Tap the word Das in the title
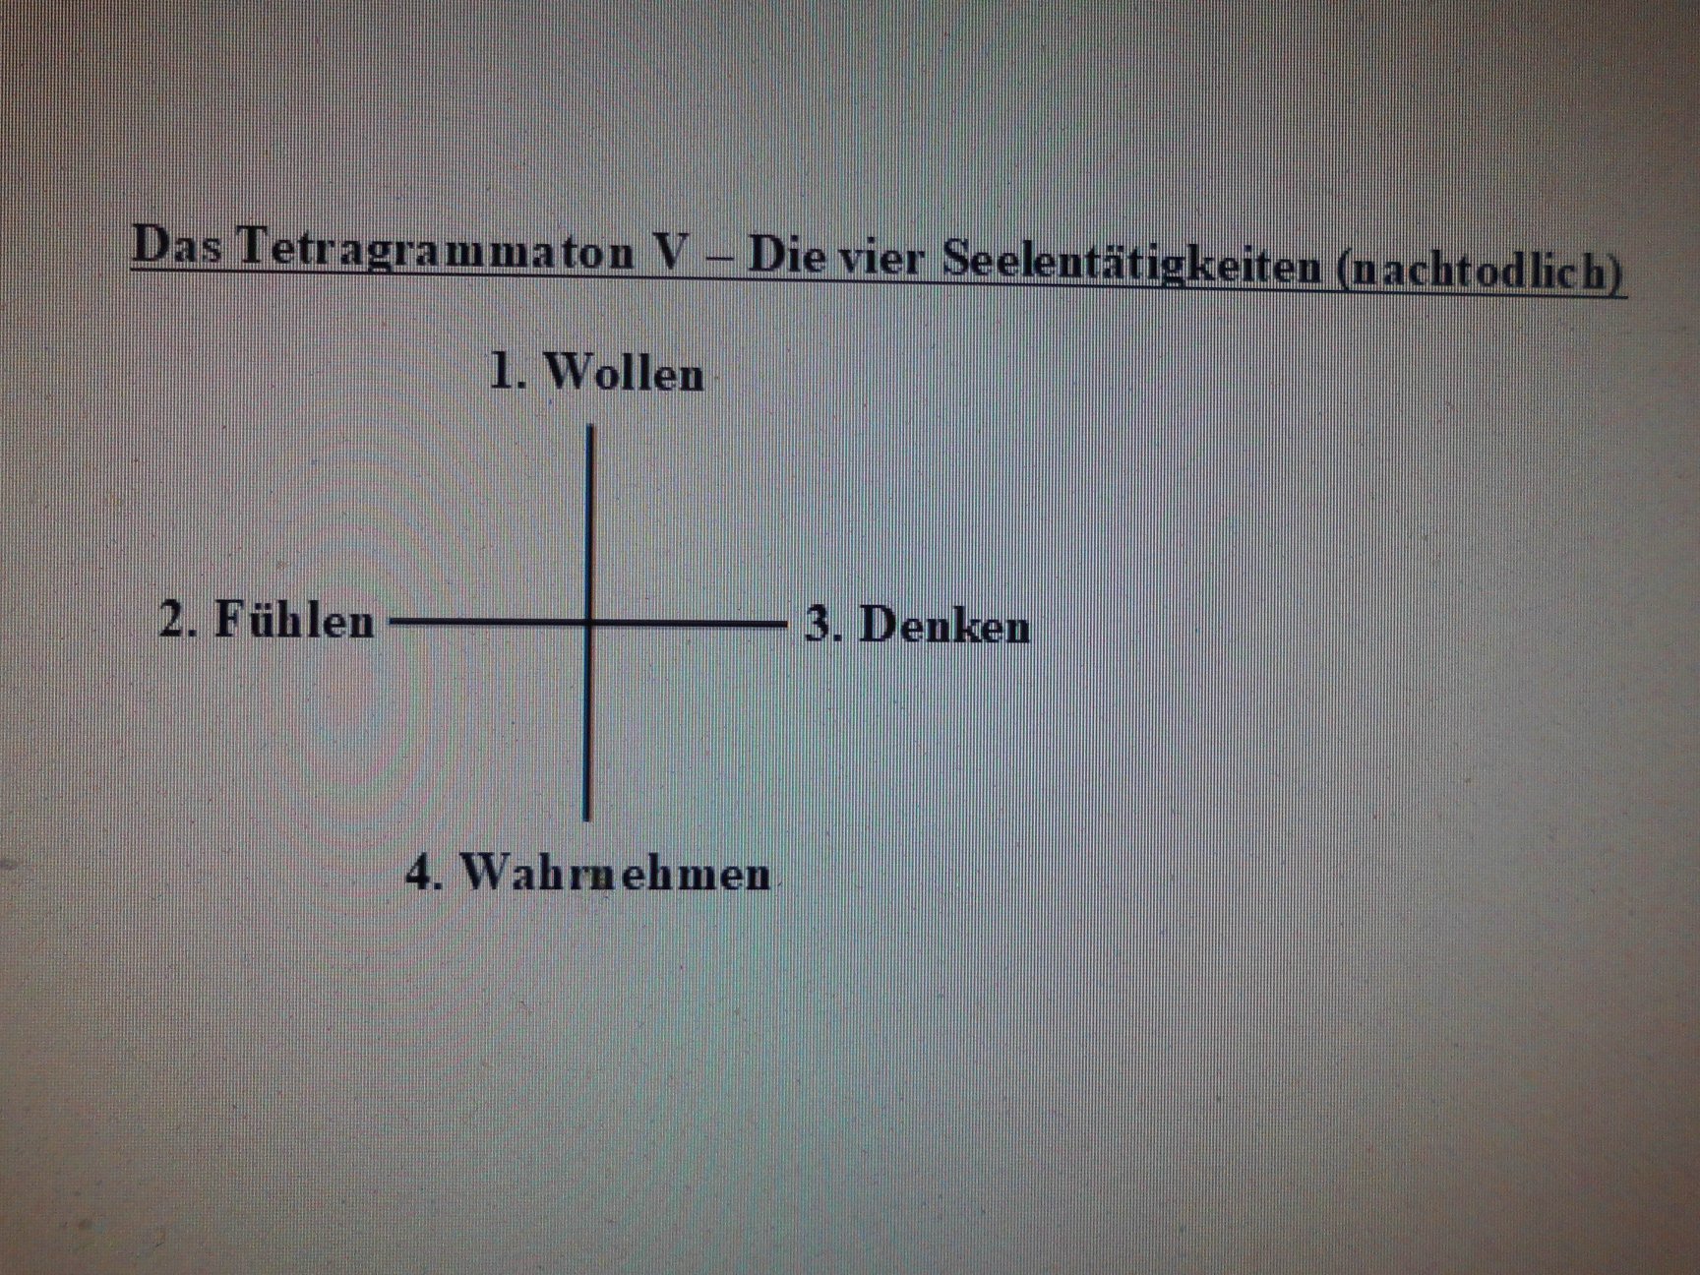point(176,246)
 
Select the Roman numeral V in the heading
point(673,254)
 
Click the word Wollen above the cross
point(624,374)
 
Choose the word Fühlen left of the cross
point(294,620)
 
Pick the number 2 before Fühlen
point(173,621)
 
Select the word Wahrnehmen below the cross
point(615,874)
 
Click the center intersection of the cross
point(588,623)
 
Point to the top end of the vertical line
point(589,427)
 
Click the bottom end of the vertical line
point(586,818)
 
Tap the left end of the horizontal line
point(392,622)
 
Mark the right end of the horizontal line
point(785,624)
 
